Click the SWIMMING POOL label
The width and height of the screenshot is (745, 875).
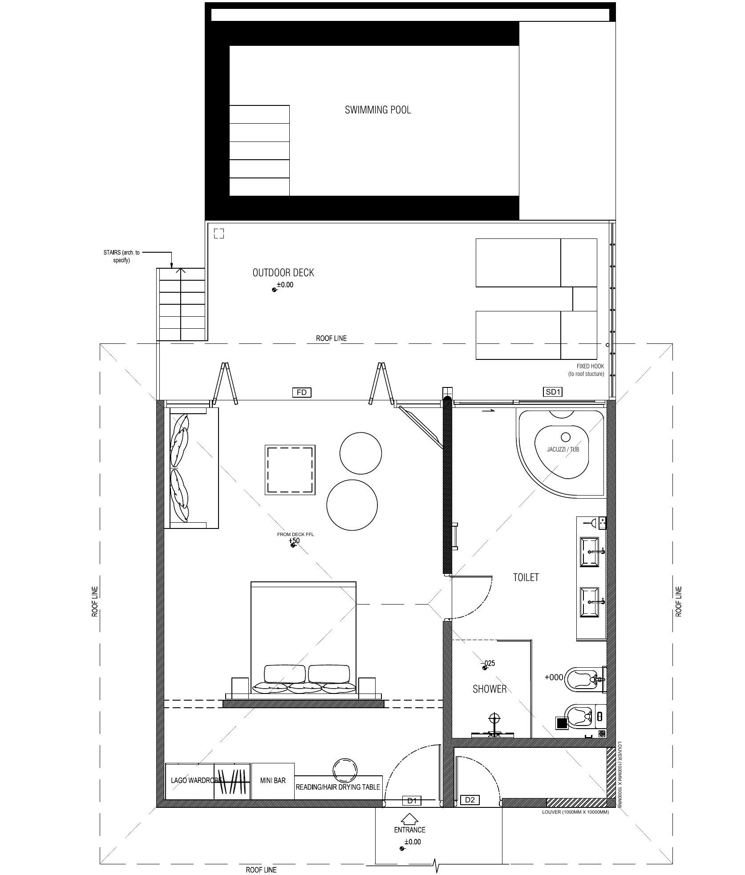[378, 110]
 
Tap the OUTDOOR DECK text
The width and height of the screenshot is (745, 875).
[283, 273]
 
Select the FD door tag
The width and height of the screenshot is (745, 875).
[301, 392]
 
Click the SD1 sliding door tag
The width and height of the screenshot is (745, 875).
[553, 392]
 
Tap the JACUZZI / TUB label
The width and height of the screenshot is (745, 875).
[563, 449]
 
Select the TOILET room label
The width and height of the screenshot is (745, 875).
[526, 577]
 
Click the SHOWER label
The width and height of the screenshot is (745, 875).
[490, 689]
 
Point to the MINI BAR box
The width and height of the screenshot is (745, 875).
[273, 781]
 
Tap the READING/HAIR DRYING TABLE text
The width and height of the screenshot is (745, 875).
[338, 787]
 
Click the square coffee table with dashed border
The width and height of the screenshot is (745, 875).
[290, 469]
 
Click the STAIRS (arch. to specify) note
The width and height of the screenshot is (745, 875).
[121, 256]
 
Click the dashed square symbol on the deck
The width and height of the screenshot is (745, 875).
[219, 234]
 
